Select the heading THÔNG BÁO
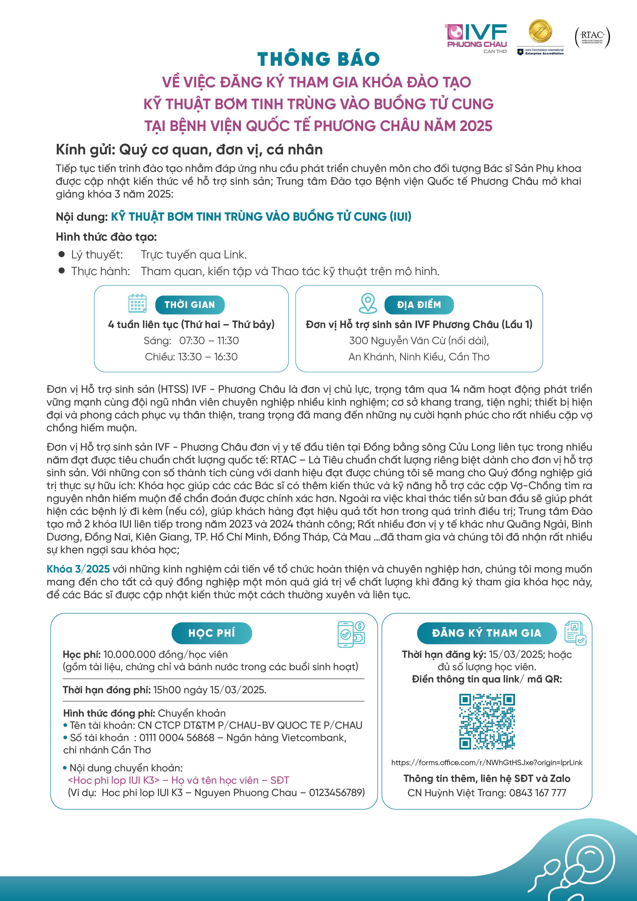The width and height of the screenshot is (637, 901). pyautogui.click(x=318, y=59)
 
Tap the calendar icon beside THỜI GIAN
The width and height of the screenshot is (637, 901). pyautogui.click(x=137, y=303)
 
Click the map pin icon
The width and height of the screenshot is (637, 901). pyautogui.click(x=368, y=303)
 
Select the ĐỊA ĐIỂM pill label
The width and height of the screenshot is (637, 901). pyautogui.click(x=419, y=305)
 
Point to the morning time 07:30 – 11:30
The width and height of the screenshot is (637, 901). pyautogui.click(x=209, y=341)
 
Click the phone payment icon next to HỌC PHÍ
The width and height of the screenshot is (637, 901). pyautogui.click(x=351, y=634)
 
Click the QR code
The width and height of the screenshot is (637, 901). pyautogui.click(x=487, y=722)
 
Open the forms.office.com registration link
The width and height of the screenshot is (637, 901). pyautogui.click(x=487, y=763)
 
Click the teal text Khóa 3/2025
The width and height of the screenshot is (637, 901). pyautogui.click(x=78, y=569)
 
